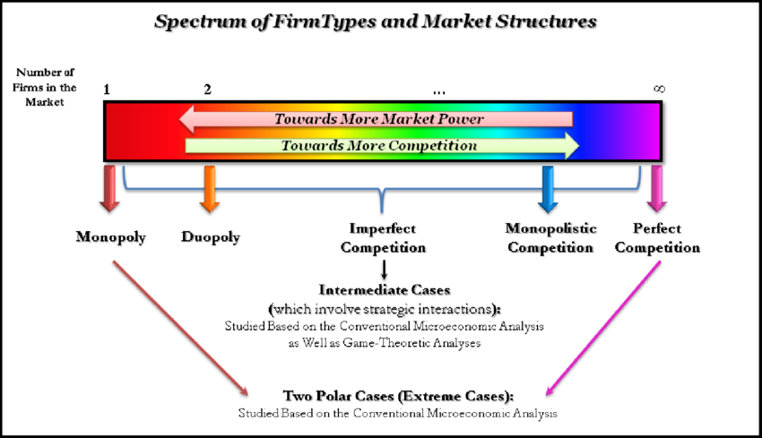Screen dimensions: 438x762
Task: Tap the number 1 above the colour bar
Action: pyautogui.click(x=107, y=90)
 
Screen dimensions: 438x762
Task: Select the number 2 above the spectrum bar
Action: pyautogui.click(x=208, y=90)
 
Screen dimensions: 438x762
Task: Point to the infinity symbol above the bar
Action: pyautogui.click(x=660, y=90)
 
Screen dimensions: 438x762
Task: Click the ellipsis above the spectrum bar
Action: pyautogui.click(x=439, y=91)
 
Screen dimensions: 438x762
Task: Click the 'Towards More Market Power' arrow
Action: pyautogui.click(x=377, y=119)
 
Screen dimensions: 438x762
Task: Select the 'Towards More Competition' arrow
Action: pyautogui.click(x=381, y=145)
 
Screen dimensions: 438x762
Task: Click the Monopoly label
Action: pyautogui.click(x=111, y=237)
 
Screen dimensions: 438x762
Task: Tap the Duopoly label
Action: pyautogui.click(x=211, y=237)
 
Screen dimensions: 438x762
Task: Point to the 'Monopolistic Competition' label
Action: pyautogui.click(x=550, y=238)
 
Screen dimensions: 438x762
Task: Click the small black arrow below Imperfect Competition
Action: pyautogui.click(x=384, y=269)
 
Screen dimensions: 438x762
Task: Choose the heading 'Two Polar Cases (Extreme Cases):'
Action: pyautogui.click(x=400, y=395)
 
